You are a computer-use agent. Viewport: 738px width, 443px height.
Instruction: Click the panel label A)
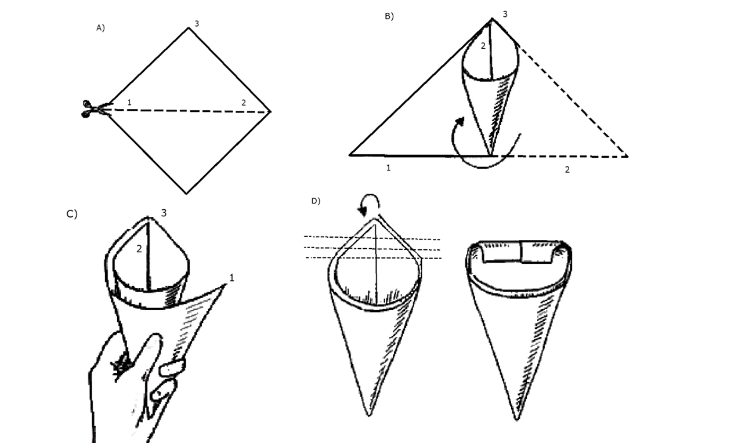[100, 28]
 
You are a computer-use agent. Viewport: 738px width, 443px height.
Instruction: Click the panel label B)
[389, 16]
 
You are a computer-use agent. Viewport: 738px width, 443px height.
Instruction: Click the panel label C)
[72, 214]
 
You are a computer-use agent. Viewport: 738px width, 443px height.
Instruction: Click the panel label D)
[316, 201]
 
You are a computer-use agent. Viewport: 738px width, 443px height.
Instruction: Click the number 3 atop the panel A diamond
[197, 24]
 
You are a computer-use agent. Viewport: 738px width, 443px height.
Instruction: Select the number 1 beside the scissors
[129, 103]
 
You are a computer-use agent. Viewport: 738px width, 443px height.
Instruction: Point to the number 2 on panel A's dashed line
[244, 103]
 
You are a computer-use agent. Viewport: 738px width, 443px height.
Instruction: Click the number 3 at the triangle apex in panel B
[505, 14]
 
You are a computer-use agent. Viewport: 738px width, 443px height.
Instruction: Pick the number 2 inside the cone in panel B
[483, 46]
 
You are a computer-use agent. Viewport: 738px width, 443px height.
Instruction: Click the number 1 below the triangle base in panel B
[389, 168]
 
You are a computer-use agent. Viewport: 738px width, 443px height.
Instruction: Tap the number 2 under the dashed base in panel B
[567, 170]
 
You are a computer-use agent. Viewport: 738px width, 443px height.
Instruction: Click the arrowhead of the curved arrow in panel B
[460, 121]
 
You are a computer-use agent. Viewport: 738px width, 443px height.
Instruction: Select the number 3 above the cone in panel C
[164, 213]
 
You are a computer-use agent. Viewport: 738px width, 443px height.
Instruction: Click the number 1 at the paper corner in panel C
[231, 278]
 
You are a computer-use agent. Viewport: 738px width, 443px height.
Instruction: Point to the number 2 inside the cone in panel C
[139, 249]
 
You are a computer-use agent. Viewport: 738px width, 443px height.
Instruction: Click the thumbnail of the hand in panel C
[172, 367]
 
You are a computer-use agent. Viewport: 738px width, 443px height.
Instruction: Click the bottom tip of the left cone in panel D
[369, 416]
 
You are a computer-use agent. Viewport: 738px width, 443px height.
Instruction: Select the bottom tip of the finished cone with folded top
[517, 420]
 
